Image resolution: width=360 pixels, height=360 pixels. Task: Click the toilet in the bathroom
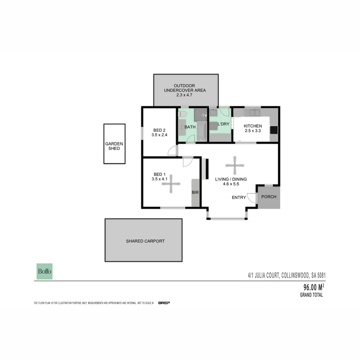tap(182, 114)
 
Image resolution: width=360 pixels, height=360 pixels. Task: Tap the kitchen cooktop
tap(274, 130)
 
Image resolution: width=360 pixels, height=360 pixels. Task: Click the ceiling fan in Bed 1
tap(171, 184)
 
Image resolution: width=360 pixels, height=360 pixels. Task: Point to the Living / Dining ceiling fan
tap(235, 165)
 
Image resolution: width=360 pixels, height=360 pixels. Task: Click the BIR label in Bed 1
tap(195, 192)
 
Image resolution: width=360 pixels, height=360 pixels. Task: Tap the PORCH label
tap(269, 197)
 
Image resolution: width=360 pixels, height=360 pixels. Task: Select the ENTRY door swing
tap(252, 198)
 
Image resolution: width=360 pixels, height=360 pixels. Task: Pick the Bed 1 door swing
tap(188, 162)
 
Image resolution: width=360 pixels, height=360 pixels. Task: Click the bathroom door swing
tap(191, 139)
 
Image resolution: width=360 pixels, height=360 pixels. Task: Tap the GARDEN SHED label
tap(114, 146)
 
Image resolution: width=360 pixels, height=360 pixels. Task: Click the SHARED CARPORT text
tap(145, 241)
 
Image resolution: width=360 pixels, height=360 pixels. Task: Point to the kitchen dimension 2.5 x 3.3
tap(252, 131)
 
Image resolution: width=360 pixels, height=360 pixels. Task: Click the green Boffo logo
tap(44, 271)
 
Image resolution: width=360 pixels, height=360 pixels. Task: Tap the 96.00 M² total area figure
tap(314, 287)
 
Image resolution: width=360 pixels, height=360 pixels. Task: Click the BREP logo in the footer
tap(164, 303)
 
